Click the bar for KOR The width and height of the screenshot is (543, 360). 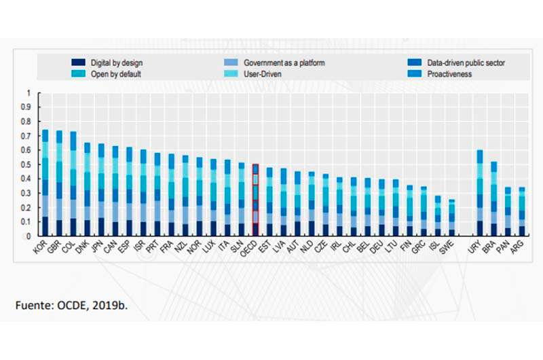(x=45, y=183)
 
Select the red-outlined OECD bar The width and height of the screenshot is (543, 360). (x=255, y=200)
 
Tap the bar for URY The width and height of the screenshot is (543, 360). (x=479, y=194)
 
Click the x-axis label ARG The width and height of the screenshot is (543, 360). (x=521, y=248)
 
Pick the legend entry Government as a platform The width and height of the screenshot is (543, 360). (x=274, y=63)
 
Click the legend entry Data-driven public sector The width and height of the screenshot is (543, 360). (x=466, y=63)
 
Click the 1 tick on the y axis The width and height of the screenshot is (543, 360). (x=29, y=93)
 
